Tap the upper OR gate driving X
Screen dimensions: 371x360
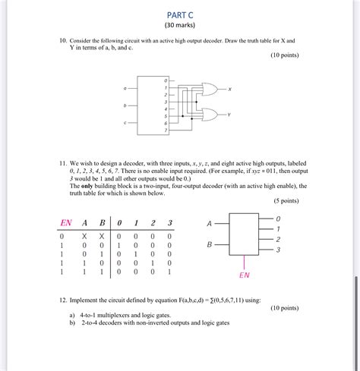(207, 89)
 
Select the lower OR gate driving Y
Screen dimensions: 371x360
(207, 115)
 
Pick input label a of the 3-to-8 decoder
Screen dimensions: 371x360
(125, 89)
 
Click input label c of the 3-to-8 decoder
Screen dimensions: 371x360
(125, 123)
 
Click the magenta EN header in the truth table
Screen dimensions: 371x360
(66, 223)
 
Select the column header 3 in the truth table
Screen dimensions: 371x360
(169, 223)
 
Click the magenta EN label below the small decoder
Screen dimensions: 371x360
(245, 275)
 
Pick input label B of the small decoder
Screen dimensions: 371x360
(210, 245)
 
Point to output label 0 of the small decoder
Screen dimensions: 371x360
(278, 219)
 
